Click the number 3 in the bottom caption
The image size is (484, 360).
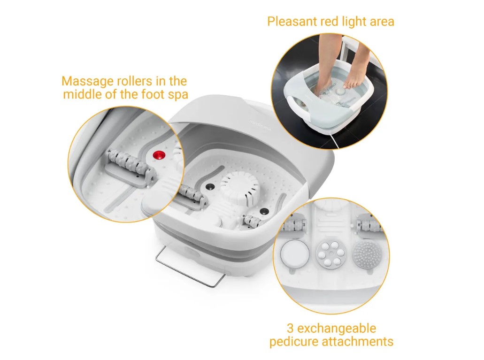pos(291,328)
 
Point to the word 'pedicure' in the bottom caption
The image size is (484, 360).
pos(294,342)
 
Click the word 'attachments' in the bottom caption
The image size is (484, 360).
pos(357,342)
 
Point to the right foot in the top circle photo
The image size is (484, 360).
pos(355,68)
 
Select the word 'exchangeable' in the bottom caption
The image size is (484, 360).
pos(337,328)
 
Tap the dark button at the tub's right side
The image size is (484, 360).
pos(264,212)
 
